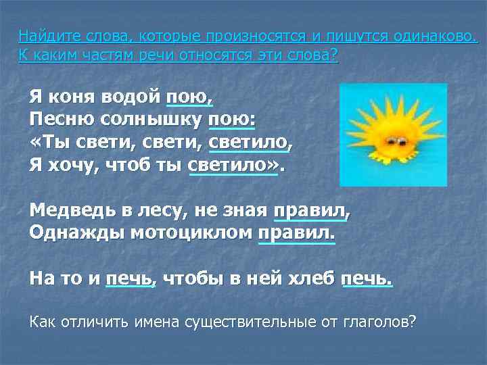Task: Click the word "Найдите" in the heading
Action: point(43,36)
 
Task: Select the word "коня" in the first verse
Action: point(74,96)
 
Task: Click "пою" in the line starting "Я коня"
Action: point(189,96)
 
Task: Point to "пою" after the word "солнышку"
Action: point(231,120)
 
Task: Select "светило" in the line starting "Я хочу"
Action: point(233,164)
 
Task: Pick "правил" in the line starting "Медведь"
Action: point(309,210)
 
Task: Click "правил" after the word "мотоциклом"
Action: point(295,233)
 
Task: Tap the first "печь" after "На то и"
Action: point(129,278)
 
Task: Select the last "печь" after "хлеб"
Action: point(366,278)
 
